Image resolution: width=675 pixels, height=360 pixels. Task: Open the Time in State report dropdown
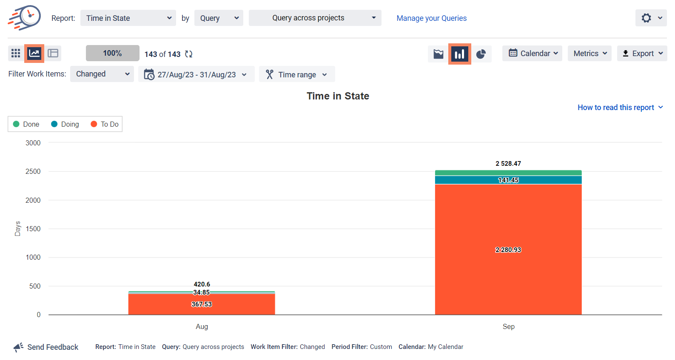128,18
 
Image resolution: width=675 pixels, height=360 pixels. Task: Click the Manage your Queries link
431,18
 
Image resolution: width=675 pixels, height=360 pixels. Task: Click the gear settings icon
647,18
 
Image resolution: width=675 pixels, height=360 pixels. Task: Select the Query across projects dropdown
315,18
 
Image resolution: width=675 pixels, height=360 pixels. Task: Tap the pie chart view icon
481,54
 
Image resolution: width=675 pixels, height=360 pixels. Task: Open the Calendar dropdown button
532,54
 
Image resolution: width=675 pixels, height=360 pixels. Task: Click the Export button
642,54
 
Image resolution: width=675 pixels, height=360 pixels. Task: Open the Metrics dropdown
590,54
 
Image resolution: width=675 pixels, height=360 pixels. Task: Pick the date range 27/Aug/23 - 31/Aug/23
196,74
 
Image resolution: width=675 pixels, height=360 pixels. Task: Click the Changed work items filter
102,74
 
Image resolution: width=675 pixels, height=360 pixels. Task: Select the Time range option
297,74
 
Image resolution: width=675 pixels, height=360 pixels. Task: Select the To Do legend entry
105,124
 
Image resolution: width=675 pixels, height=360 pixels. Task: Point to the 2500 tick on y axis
33,172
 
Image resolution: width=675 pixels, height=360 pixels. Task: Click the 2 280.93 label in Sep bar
508,250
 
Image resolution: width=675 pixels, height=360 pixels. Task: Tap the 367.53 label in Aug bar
201,304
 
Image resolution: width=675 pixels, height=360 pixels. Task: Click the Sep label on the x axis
508,326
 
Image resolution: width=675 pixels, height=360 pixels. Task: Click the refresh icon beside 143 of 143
189,54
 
